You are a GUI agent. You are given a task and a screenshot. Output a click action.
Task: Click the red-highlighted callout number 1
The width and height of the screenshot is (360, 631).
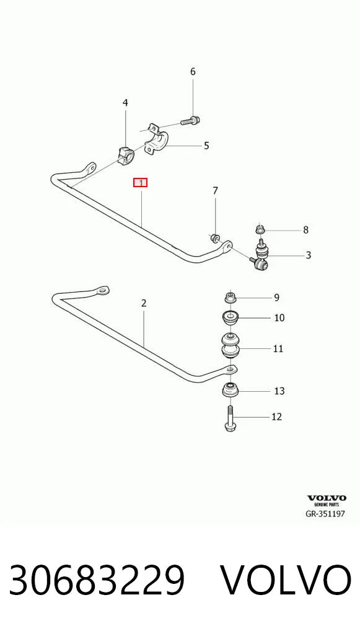pos(141,183)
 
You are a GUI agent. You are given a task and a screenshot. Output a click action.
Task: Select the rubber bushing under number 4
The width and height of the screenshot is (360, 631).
pos(125,155)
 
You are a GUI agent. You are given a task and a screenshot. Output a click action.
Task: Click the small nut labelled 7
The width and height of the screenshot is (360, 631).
pos(215,239)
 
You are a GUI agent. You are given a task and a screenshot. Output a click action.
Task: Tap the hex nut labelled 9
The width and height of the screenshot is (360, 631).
pos(230,298)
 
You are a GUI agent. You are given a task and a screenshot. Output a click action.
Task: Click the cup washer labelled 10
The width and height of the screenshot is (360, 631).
pos(230,318)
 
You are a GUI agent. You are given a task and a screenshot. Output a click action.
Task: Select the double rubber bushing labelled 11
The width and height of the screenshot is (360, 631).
pos(230,345)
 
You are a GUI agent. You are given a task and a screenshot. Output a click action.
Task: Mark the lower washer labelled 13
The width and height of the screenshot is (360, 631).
pos(230,391)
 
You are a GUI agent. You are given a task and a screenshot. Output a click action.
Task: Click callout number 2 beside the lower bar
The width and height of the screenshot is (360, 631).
pos(144,303)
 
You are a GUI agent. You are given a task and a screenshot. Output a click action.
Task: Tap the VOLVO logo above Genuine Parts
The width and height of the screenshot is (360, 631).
pos(327,498)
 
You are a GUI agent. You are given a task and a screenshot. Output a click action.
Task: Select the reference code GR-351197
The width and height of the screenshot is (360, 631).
pos(325,514)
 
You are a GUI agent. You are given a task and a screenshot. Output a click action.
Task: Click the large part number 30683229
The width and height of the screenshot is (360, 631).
pos(97,580)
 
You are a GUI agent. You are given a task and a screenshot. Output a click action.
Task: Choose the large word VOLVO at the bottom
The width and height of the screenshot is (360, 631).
pos(286,580)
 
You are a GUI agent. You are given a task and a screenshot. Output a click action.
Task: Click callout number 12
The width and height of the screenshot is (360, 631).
pos(277,417)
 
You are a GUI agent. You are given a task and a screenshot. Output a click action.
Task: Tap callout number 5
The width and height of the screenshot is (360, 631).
pos(206,145)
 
